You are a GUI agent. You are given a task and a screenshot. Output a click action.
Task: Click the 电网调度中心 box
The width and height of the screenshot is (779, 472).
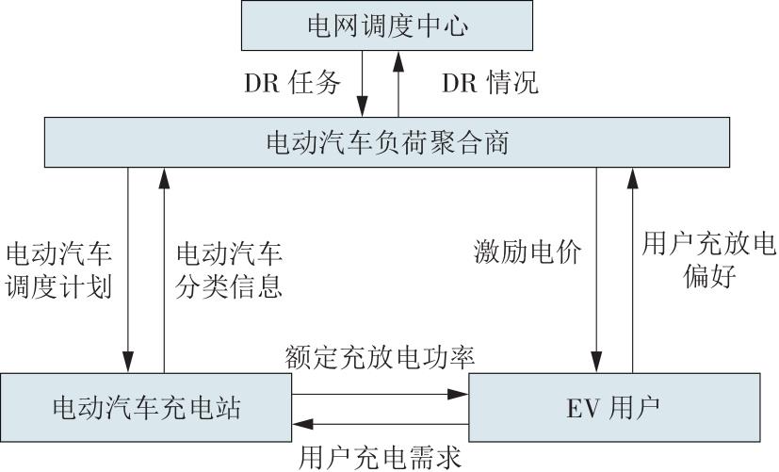(x=387, y=25)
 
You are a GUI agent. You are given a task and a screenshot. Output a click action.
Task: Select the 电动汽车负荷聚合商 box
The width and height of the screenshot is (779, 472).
(x=387, y=142)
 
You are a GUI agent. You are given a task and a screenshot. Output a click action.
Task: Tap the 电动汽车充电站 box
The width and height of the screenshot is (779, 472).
(x=146, y=407)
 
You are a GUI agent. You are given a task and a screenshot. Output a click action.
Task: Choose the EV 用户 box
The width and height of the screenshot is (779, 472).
(x=614, y=407)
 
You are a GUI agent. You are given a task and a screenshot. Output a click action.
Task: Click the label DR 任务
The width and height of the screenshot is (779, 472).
(x=293, y=83)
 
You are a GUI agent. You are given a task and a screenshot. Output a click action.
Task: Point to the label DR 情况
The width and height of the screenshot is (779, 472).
(x=490, y=83)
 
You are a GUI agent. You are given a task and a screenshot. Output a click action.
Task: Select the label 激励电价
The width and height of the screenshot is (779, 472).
(x=527, y=252)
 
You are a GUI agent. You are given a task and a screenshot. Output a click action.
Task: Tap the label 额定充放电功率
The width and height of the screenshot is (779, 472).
(x=380, y=357)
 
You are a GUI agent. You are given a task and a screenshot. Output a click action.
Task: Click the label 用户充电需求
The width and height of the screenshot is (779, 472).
(x=380, y=457)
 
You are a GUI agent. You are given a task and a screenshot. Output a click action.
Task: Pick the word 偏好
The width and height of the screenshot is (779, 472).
(x=709, y=276)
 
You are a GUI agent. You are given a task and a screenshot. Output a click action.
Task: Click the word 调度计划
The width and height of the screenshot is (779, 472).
(x=58, y=286)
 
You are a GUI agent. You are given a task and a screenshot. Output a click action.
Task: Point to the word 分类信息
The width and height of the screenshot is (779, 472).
(x=229, y=286)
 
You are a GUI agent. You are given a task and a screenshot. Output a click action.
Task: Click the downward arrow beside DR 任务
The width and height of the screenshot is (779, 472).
(x=362, y=84)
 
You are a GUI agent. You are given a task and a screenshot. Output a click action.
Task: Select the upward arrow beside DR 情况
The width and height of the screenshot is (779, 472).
(x=398, y=84)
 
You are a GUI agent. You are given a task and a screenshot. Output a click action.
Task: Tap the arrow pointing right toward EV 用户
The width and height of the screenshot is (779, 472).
(x=381, y=395)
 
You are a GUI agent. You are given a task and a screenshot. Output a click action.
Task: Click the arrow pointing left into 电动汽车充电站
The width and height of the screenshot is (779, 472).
(x=381, y=424)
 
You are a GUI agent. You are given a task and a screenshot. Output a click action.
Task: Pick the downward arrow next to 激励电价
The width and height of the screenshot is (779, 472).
(x=596, y=270)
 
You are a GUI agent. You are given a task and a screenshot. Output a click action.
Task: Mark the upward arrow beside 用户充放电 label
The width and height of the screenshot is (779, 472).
(x=632, y=270)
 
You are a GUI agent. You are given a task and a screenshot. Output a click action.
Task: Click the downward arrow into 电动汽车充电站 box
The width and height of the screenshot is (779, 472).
(x=128, y=270)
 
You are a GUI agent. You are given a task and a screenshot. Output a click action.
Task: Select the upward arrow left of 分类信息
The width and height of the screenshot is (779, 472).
(x=164, y=270)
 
